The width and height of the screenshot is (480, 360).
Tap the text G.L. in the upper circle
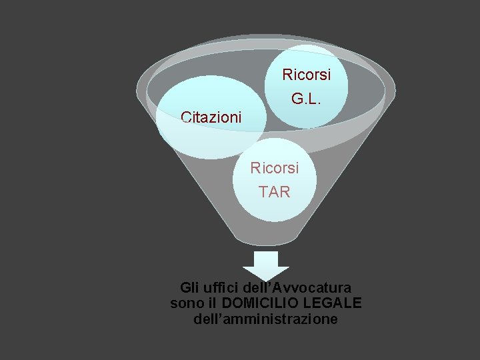click(x=306, y=99)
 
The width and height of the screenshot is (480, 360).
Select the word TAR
click(x=275, y=192)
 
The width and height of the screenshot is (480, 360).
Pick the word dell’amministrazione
click(x=265, y=319)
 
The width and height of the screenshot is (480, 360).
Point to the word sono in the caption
click(x=185, y=303)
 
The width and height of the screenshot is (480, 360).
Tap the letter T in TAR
click(x=263, y=192)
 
